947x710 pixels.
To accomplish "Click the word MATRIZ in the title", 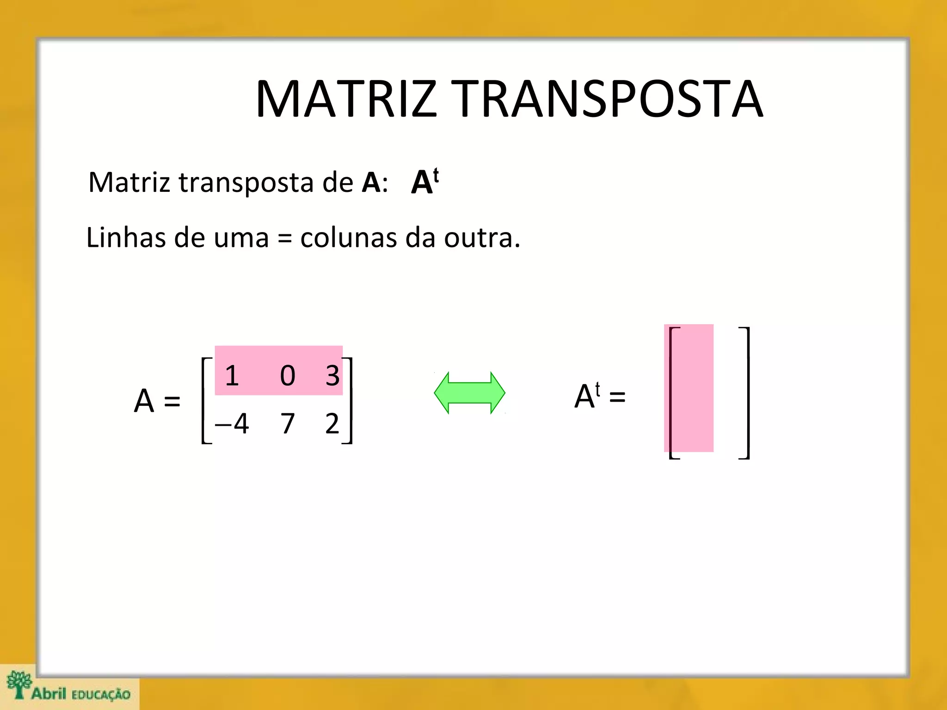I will (x=346, y=99).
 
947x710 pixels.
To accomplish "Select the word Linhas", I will (x=126, y=238).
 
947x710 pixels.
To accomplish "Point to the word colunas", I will (x=348, y=238).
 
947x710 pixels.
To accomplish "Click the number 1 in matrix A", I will (x=232, y=375).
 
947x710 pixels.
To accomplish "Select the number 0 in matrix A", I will (x=287, y=375).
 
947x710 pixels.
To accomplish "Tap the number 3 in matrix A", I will (x=332, y=375).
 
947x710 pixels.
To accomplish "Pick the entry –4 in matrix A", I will (x=232, y=423).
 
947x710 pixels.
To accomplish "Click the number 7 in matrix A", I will (x=287, y=423).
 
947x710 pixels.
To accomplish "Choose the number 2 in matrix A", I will (x=332, y=423).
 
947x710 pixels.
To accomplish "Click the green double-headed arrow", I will (x=469, y=393).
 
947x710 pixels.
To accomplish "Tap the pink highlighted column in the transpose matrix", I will (x=689, y=388).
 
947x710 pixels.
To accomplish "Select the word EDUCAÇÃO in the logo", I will (x=101, y=694).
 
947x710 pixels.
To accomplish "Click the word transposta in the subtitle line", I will (x=246, y=182).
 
